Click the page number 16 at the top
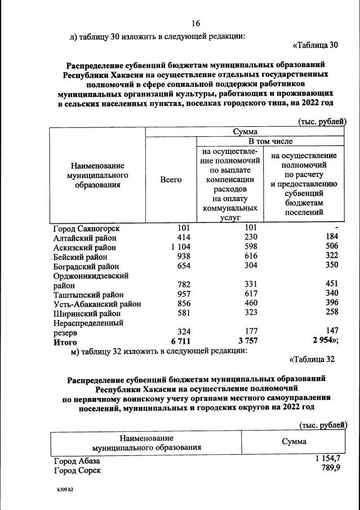click(x=196, y=23)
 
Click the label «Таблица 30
click(x=316, y=45)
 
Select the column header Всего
click(x=171, y=179)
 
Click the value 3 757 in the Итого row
click(x=246, y=342)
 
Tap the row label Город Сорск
click(x=77, y=470)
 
